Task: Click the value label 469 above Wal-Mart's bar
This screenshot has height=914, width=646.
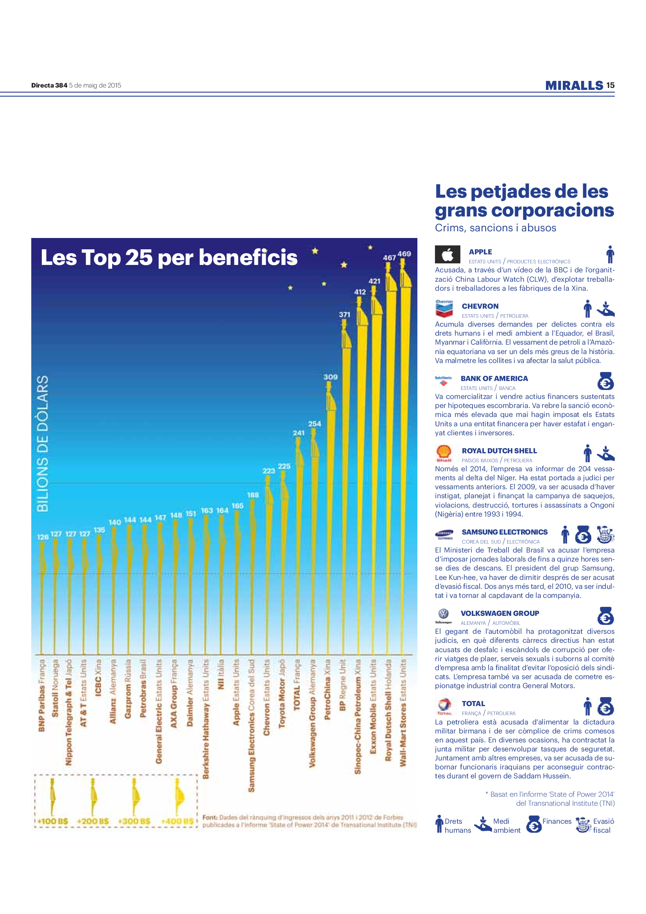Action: pyautogui.click(x=404, y=254)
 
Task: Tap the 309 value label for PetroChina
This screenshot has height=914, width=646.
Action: pyautogui.click(x=330, y=377)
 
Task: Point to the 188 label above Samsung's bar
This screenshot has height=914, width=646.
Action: pyautogui.click(x=253, y=495)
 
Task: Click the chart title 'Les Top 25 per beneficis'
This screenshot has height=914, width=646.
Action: pyautogui.click(x=169, y=257)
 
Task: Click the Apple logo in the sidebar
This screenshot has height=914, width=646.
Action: pyautogui.click(x=447, y=254)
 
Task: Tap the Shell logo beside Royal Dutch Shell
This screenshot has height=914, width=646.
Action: pyautogui.click(x=444, y=453)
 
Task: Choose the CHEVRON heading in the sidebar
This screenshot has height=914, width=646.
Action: pyautogui.click(x=480, y=306)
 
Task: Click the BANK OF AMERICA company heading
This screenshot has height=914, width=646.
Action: pyautogui.click(x=494, y=378)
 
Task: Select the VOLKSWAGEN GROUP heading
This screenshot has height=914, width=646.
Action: pyautogui.click(x=500, y=613)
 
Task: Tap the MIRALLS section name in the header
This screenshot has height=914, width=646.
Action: pyautogui.click(x=574, y=85)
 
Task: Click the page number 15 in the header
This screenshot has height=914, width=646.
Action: pyautogui.click(x=610, y=85)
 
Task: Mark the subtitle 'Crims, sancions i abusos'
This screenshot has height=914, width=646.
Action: pyautogui.click(x=495, y=228)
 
